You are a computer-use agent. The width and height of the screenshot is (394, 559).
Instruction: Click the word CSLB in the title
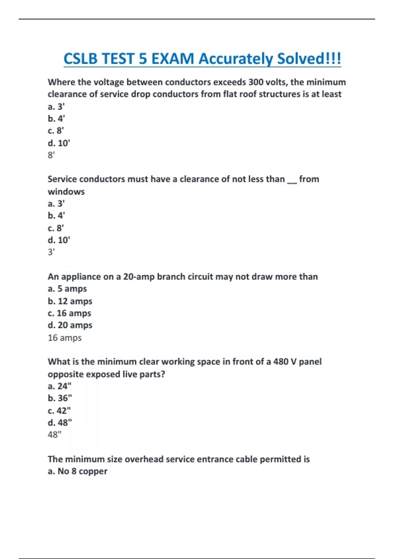(x=80, y=59)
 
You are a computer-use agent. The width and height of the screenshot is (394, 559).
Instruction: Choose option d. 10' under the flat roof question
(x=59, y=143)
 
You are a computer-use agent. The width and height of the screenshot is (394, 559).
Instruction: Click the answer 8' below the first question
(x=51, y=155)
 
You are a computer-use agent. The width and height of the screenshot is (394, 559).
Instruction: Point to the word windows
(x=66, y=191)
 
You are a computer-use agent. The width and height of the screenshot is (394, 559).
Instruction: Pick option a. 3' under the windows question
(x=56, y=204)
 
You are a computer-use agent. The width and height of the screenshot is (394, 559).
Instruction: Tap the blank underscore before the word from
(x=292, y=180)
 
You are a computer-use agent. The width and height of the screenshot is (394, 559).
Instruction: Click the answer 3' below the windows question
(x=51, y=252)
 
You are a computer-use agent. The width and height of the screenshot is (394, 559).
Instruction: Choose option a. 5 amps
(x=67, y=289)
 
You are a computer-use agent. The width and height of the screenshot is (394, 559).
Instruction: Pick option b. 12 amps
(x=70, y=301)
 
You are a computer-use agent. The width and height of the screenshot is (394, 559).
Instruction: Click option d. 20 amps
(x=70, y=325)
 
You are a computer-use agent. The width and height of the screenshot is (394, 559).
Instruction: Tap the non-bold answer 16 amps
(x=65, y=338)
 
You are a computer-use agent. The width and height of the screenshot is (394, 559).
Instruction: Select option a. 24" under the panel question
(x=59, y=386)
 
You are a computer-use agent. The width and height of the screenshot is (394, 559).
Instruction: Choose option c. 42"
(x=59, y=411)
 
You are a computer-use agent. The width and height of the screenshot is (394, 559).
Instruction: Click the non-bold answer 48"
(x=55, y=435)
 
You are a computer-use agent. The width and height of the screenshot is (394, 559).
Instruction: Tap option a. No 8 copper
(x=77, y=471)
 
